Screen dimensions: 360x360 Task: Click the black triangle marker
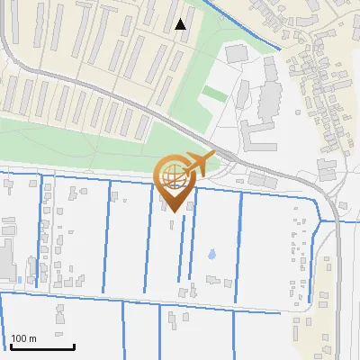tap(181, 24)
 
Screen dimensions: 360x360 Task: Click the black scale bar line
tap(41, 346)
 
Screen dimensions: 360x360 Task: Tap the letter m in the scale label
tap(32, 338)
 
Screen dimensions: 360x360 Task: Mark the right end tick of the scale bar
tap(73, 344)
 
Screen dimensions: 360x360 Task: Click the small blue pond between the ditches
tap(211, 255)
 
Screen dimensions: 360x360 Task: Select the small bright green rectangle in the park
tap(214, 93)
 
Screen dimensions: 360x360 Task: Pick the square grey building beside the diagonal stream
tap(235, 53)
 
